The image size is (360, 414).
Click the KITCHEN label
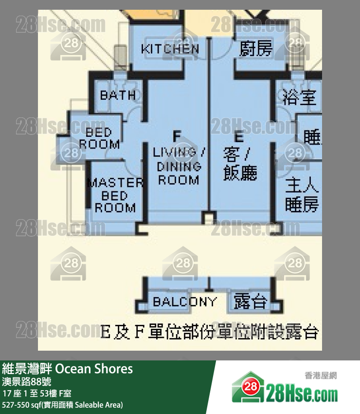170,49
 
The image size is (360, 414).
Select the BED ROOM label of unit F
99,138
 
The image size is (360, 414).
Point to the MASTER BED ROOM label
115,195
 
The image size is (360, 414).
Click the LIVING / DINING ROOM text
179,166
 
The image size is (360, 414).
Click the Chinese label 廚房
256,49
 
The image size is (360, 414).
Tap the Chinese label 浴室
299,97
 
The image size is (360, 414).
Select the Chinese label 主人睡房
302,195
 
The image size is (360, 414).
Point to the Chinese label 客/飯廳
240,164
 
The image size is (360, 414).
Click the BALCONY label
184,301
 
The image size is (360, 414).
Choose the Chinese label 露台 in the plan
251,301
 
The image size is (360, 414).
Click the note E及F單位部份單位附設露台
209,333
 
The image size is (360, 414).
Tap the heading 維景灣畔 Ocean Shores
68,369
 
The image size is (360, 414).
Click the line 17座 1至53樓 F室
37,394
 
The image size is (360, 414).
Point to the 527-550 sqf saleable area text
63,405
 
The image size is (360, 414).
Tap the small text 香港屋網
321,376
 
